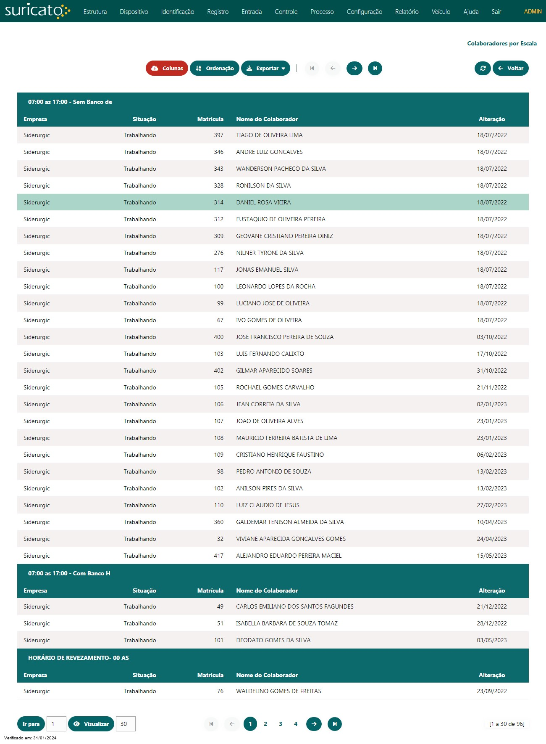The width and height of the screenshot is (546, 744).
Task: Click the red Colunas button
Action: pos(167,68)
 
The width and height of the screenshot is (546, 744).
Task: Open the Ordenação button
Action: pos(214,68)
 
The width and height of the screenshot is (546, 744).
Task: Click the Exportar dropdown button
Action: pos(265,68)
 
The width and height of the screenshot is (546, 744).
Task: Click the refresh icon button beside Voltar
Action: pos(483,68)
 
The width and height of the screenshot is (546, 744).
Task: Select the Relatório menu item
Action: pos(407,12)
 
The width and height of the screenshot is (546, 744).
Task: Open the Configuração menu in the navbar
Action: pos(364,12)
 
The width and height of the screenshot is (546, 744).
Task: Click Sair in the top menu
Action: pos(496,12)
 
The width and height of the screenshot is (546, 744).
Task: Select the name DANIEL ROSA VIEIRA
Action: pos(263,202)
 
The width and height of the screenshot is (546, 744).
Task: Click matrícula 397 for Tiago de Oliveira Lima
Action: pos(218,135)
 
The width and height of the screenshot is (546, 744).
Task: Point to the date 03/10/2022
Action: pos(491,337)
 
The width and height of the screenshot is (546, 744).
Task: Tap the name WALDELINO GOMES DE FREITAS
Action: pos(278,691)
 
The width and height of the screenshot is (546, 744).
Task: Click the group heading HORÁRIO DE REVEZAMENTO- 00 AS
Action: pos(79,658)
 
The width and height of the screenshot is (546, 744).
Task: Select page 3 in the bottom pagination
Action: pos(281,724)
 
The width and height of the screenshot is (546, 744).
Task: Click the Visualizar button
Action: pos(91,724)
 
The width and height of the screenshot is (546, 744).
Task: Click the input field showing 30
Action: pos(125,724)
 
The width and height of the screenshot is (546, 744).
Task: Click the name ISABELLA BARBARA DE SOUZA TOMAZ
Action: pos(287,623)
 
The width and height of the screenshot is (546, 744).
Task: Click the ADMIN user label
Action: pos(533,12)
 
